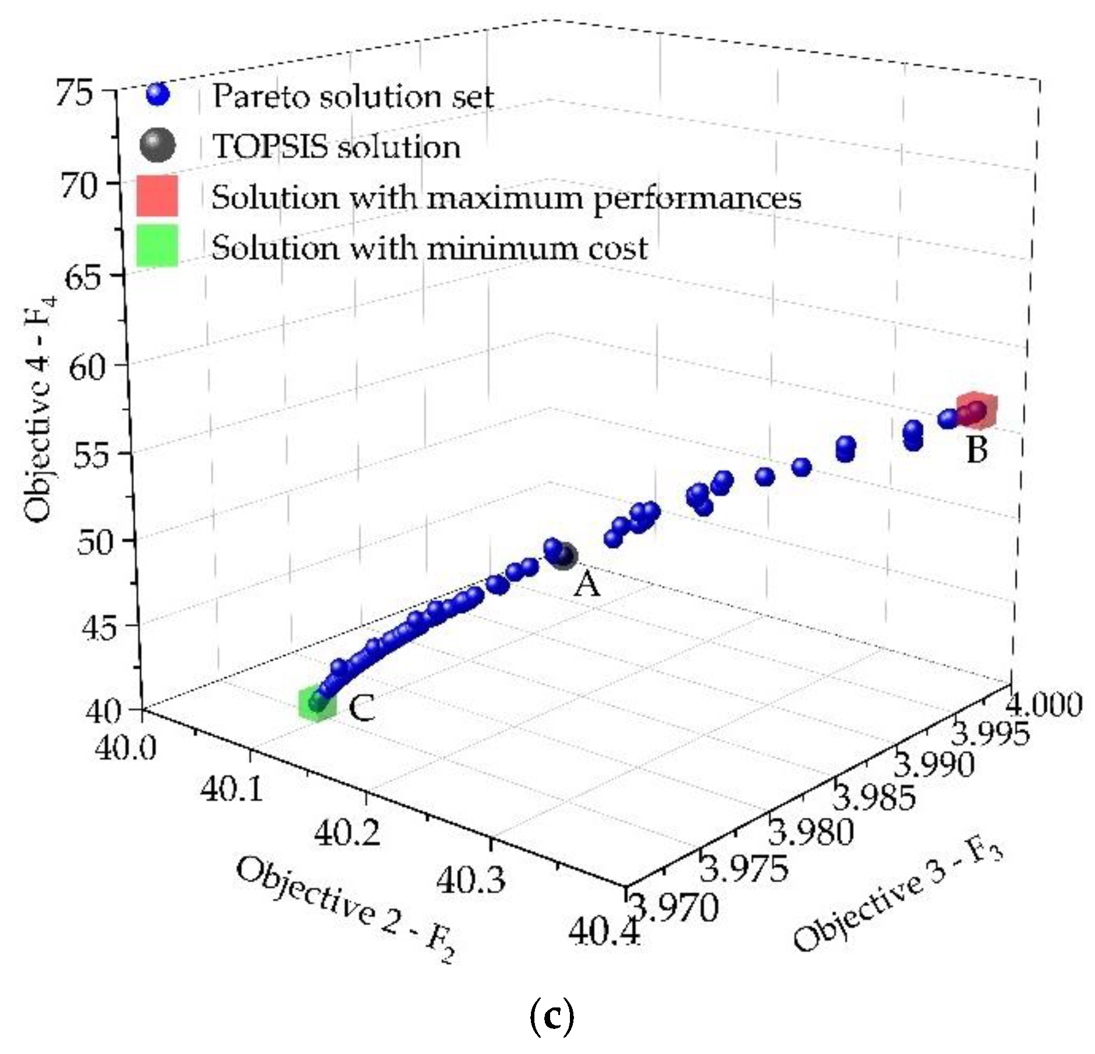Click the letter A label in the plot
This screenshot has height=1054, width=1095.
[586, 584]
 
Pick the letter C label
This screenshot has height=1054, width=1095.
[362, 708]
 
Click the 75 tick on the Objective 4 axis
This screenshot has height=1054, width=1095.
[74, 93]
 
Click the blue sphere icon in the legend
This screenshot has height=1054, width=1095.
[158, 95]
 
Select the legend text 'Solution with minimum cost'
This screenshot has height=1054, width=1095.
[429, 248]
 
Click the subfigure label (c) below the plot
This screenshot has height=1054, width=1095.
[551, 1016]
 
